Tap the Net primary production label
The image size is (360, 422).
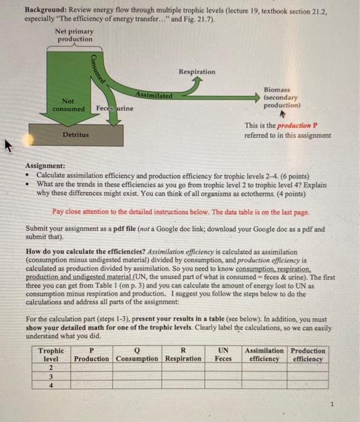75,36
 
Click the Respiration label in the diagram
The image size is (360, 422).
197,72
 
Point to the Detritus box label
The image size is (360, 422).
75,135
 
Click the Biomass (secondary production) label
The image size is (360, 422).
281,96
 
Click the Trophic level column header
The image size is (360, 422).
51,354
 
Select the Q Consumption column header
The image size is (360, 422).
139,354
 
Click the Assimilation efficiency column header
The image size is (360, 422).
264,354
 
